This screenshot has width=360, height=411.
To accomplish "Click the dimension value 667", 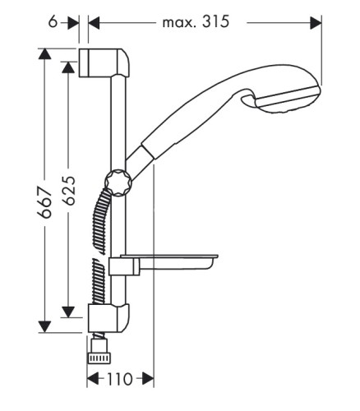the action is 44,202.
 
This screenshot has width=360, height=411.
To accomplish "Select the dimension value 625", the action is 68,191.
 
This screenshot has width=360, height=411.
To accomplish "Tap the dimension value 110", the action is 120,380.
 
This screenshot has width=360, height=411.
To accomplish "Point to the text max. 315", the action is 196,21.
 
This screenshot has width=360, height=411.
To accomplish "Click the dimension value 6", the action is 53,22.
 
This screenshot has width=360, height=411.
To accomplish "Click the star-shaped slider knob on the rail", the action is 118,182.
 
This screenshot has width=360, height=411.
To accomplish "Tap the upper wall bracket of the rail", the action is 104,62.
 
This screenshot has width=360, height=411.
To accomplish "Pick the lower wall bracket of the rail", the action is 108,318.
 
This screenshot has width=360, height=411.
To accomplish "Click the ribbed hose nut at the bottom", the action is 99,358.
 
